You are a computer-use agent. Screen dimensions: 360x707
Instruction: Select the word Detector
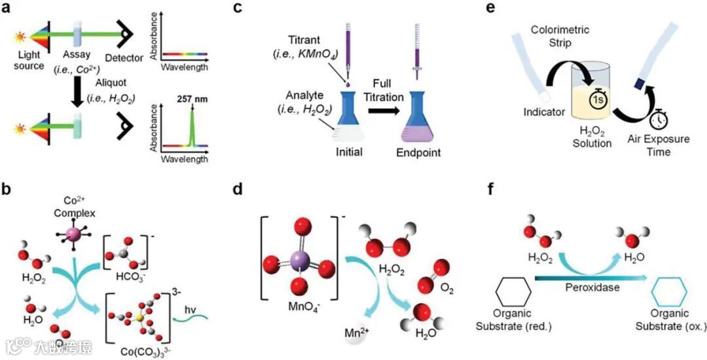click(124, 58)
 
